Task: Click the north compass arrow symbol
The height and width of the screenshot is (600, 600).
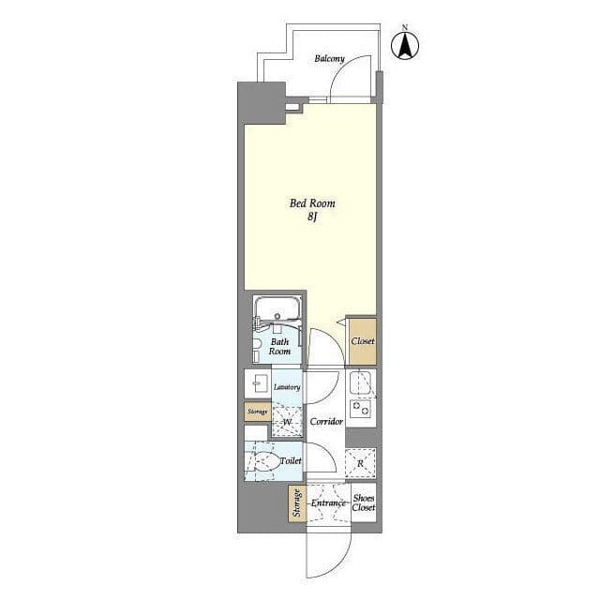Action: pyautogui.click(x=405, y=46)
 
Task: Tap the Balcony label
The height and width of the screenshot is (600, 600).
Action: pyautogui.click(x=329, y=58)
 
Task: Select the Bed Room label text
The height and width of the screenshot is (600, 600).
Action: pyautogui.click(x=312, y=202)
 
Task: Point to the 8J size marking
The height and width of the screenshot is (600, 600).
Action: pyautogui.click(x=312, y=217)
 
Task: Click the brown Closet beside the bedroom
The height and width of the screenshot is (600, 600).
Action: pyautogui.click(x=363, y=341)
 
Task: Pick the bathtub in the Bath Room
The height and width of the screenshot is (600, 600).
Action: pyautogui.click(x=277, y=308)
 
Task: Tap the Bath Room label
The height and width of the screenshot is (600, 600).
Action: pyautogui.click(x=279, y=346)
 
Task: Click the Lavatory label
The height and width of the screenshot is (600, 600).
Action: pyautogui.click(x=287, y=387)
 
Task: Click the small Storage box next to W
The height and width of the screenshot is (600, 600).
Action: pyautogui.click(x=258, y=412)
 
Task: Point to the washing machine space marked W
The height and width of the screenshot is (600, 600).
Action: pyautogui.click(x=287, y=422)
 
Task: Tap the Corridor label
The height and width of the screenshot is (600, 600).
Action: pyautogui.click(x=326, y=421)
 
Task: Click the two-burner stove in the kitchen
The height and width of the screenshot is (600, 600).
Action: pyautogui.click(x=360, y=409)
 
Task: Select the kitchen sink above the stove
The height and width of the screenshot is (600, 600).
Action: pyautogui.click(x=360, y=382)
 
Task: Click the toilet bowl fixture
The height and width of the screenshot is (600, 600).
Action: pyautogui.click(x=265, y=460)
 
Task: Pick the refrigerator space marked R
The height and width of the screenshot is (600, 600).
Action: pyautogui.click(x=360, y=463)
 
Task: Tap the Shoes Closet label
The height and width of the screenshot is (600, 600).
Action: pyautogui.click(x=364, y=502)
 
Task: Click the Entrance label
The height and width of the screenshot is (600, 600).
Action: pyautogui.click(x=328, y=502)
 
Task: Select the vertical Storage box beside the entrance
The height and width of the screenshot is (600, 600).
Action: pyautogui.click(x=297, y=503)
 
